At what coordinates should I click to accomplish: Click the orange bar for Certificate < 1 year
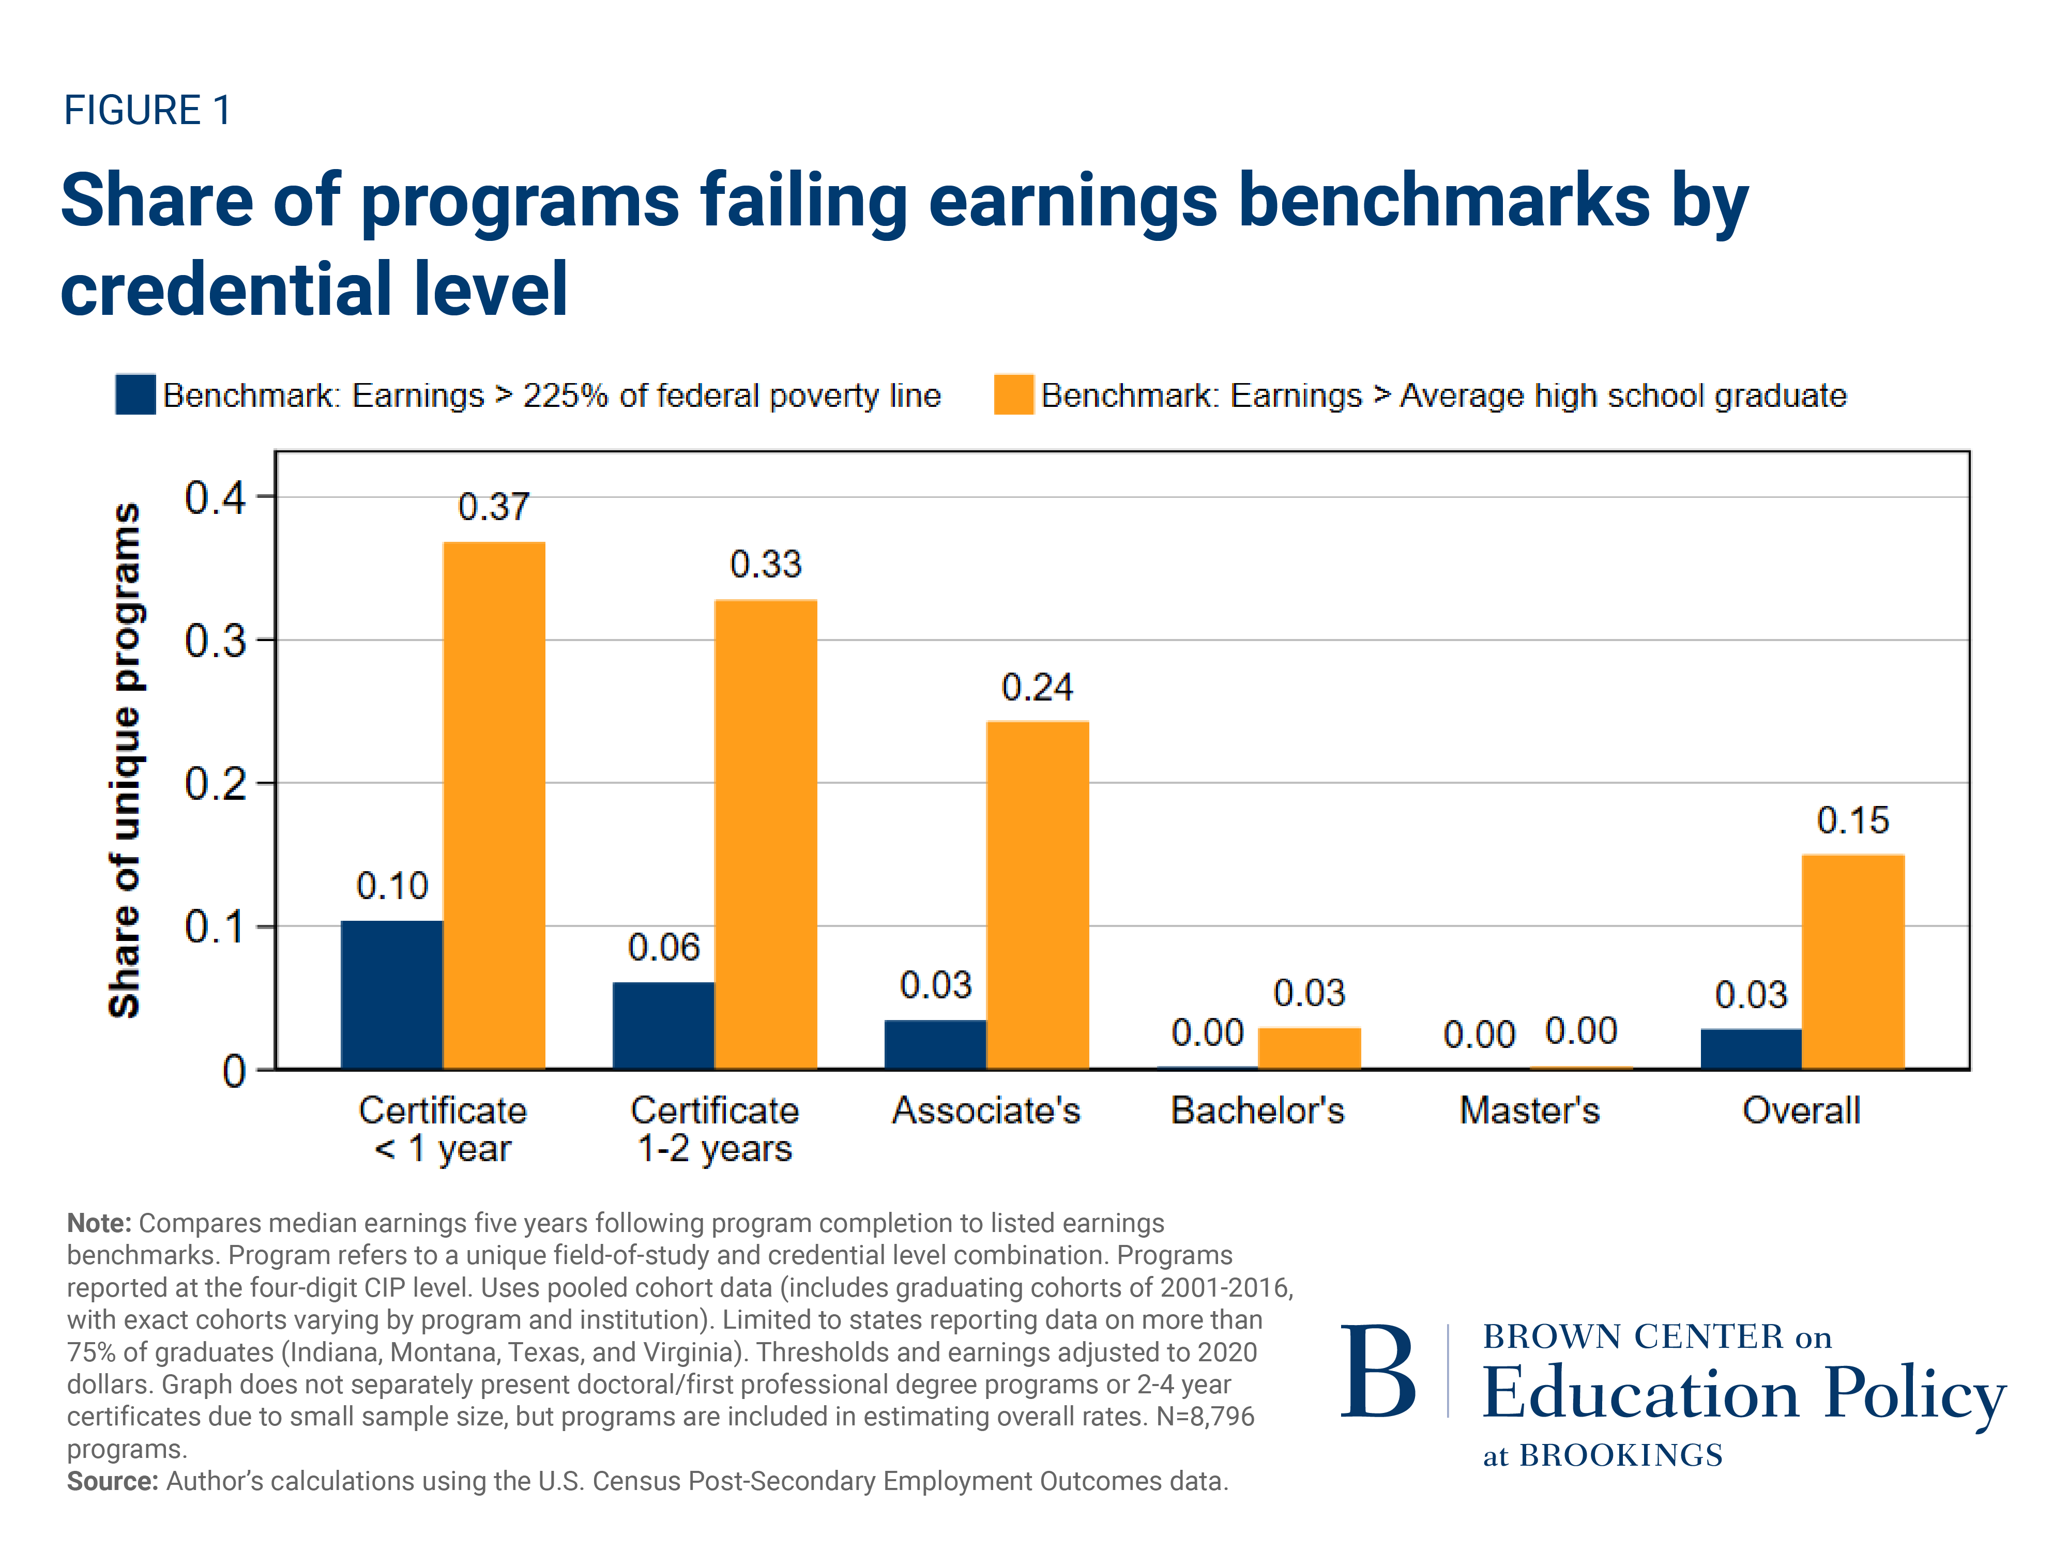[494, 804]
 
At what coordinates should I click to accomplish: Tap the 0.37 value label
[494, 507]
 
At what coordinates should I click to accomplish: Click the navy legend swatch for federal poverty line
[135, 394]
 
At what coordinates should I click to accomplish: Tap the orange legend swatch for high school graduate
[1013, 394]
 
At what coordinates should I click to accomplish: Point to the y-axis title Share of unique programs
[125, 759]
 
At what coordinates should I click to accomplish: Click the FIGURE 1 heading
[147, 110]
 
